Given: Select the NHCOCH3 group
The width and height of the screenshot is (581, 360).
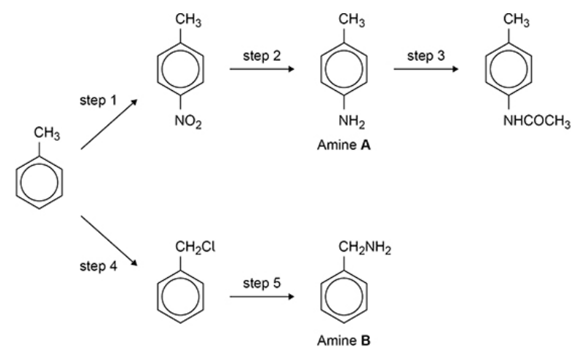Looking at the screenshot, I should (536, 122).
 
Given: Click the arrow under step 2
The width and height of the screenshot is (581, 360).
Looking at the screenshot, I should (261, 70).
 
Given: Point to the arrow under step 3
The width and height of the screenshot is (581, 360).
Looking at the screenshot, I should (425, 70).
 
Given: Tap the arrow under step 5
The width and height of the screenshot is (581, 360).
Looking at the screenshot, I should (261, 298).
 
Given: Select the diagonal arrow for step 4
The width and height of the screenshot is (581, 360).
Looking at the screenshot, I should (110, 240).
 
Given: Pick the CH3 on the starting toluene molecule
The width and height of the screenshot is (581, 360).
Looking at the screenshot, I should (46, 134).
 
